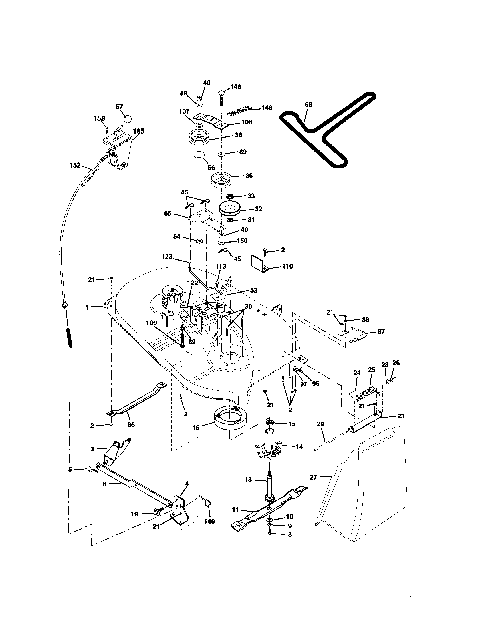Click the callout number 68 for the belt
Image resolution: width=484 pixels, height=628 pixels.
click(x=308, y=105)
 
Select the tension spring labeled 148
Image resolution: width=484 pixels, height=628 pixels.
click(x=238, y=110)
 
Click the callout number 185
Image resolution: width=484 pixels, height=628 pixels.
click(x=138, y=131)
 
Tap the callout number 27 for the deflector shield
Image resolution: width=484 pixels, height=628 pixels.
click(x=313, y=477)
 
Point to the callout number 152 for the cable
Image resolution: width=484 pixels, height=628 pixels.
click(x=75, y=165)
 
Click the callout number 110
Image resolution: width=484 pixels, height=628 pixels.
click(x=287, y=266)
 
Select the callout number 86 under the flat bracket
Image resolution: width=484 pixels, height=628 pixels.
click(x=131, y=425)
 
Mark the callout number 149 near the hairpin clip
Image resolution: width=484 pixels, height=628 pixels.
click(x=209, y=521)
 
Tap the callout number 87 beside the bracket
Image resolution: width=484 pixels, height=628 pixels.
click(x=381, y=331)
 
